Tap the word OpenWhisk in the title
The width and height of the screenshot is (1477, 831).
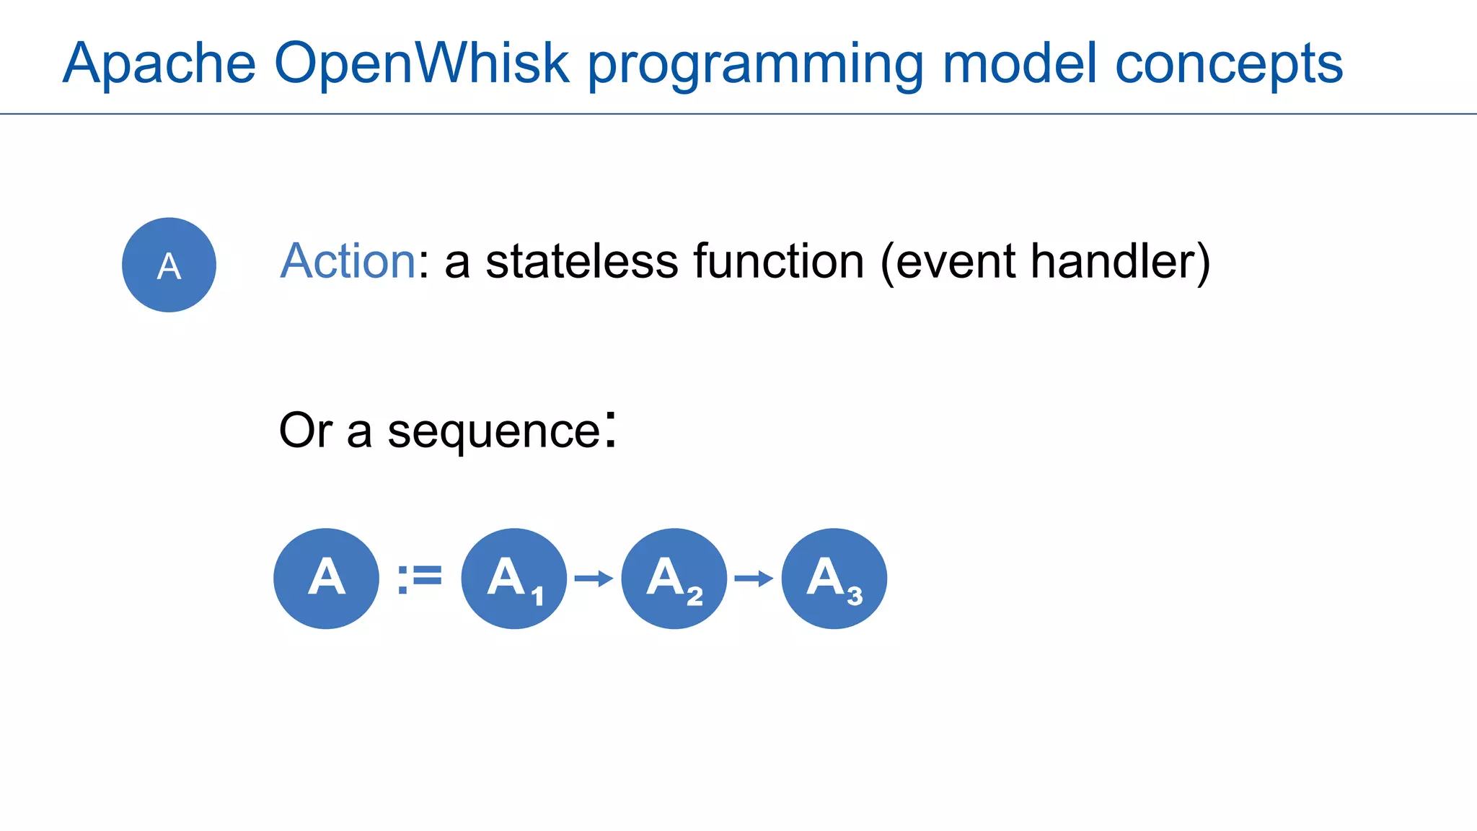[x=422, y=63]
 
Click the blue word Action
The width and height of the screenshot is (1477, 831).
[x=348, y=261]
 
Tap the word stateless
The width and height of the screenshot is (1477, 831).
[x=581, y=261]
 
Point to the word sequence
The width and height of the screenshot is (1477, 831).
[x=494, y=431]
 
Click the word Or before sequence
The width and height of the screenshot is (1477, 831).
[x=305, y=431]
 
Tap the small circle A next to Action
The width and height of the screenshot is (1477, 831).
[x=169, y=265]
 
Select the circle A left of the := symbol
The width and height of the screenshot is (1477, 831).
[x=326, y=579]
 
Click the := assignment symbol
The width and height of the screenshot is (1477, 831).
[x=420, y=579]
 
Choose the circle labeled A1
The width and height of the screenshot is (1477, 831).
[x=513, y=579]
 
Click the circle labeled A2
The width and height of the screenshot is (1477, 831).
[x=674, y=579]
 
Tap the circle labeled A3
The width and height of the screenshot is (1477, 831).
[x=834, y=579]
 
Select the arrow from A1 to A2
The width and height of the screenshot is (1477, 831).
[x=594, y=579]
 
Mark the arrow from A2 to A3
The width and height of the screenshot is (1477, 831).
[x=754, y=579]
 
